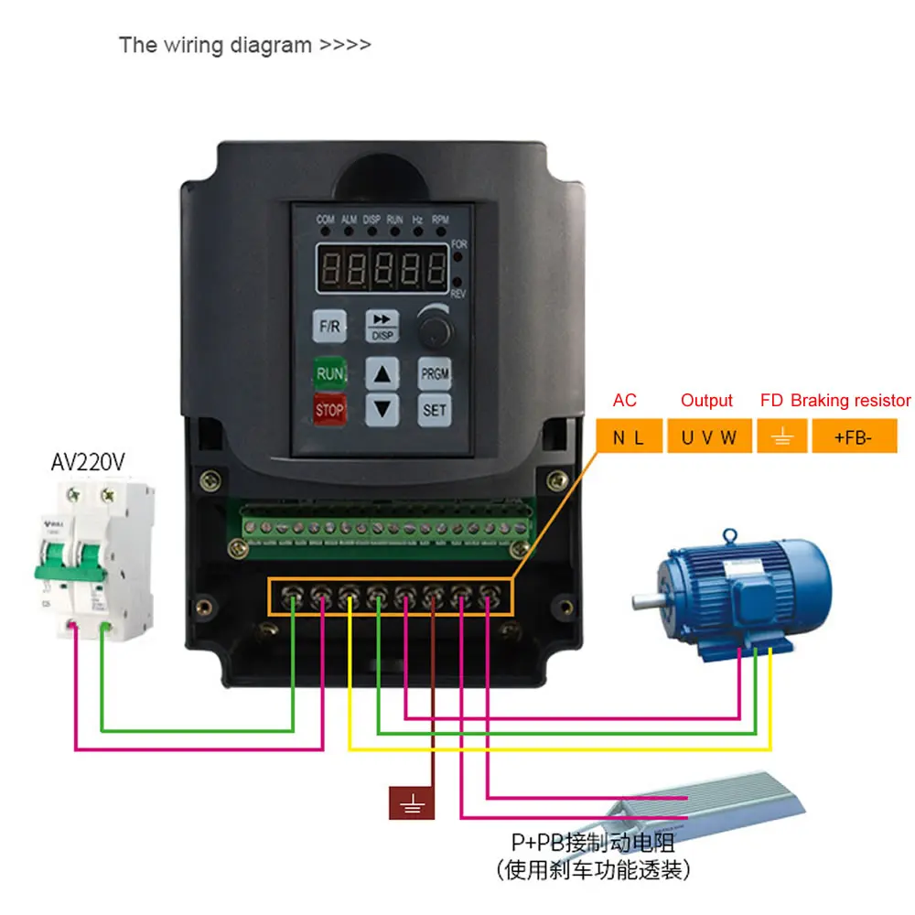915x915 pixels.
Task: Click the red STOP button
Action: pyautogui.click(x=329, y=411)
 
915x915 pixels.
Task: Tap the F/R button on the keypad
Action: pyautogui.click(x=328, y=326)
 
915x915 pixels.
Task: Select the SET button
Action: pyautogui.click(x=435, y=410)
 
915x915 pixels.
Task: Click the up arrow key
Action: pyautogui.click(x=383, y=373)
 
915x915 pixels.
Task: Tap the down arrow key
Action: pyautogui.click(x=383, y=409)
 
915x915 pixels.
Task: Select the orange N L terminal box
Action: pyautogui.click(x=628, y=437)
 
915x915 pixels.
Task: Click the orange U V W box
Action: pyautogui.click(x=708, y=437)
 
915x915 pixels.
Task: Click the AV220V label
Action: pyautogui.click(x=87, y=462)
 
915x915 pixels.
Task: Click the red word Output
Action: pyautogui.click(x=706, y=401)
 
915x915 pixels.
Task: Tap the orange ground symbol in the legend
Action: pyautogui.click(x=781, y=437)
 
